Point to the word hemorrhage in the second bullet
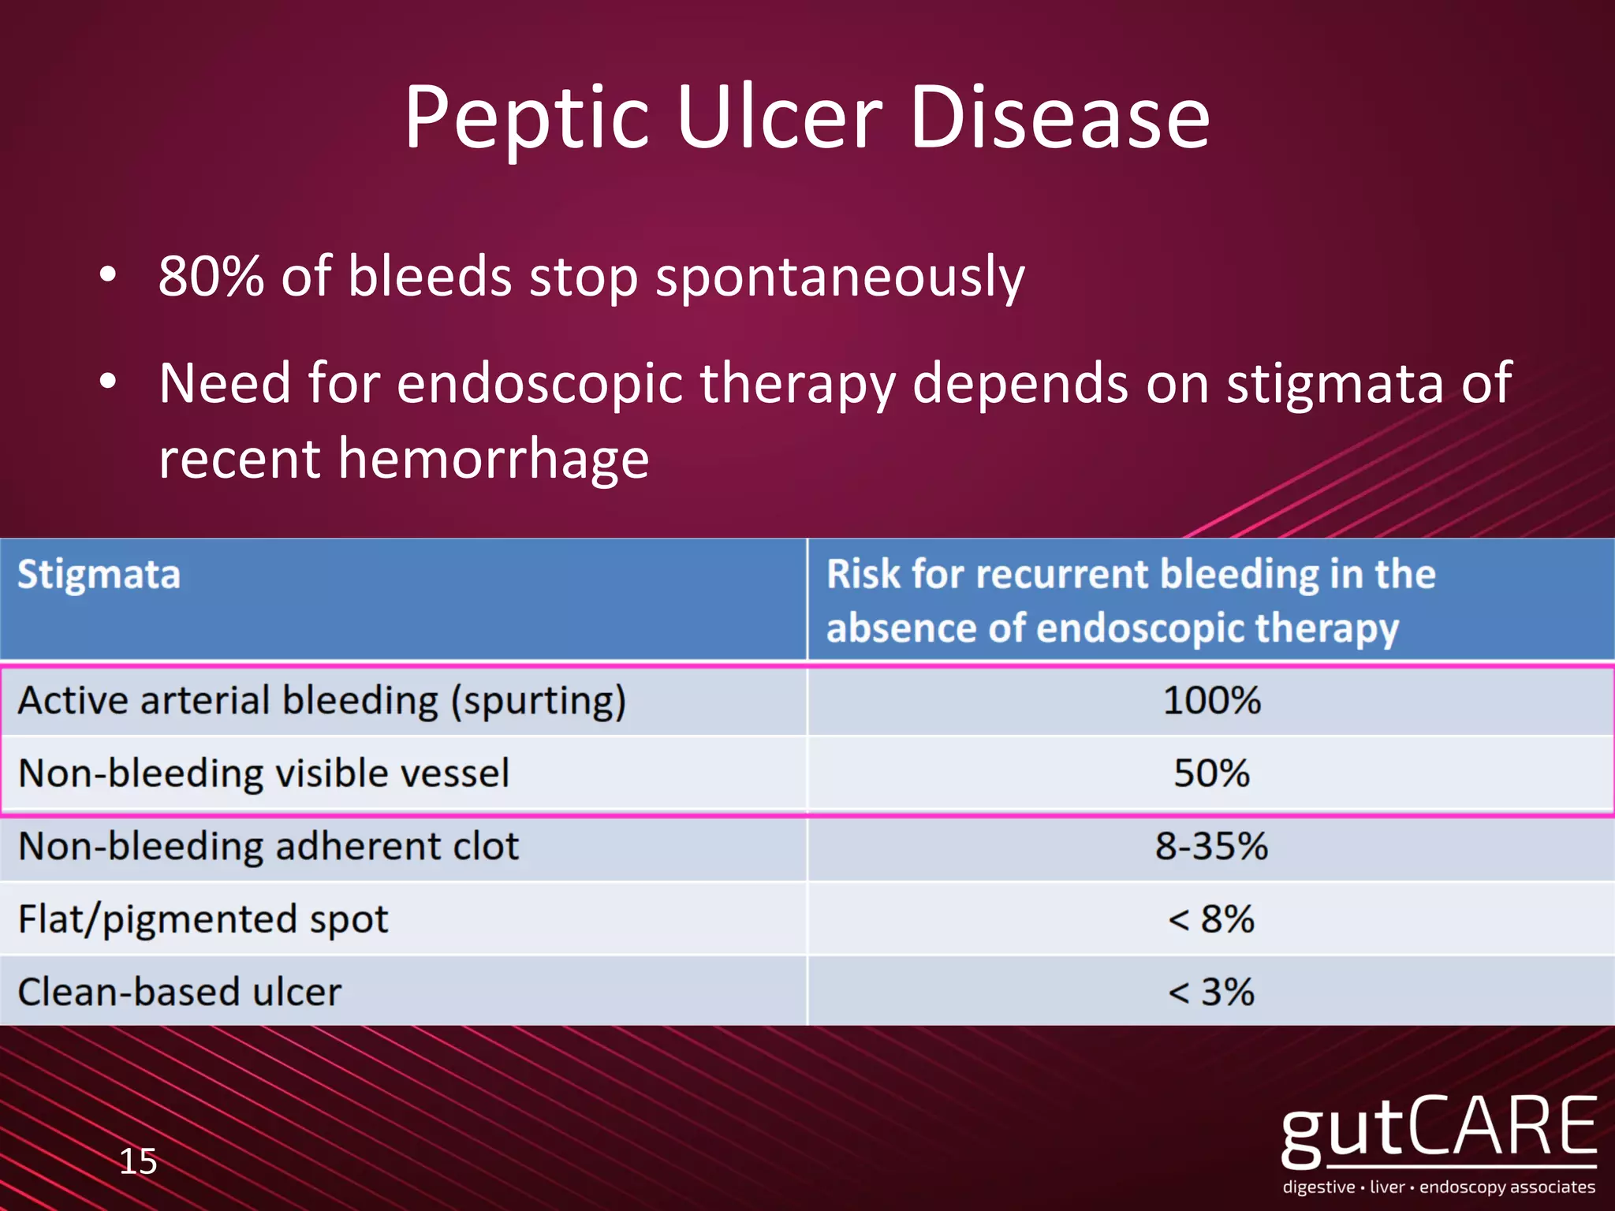tap(494, 460)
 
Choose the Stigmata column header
tap(99, 574)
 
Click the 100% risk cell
tap(1212, 700)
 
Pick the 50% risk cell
tap(1212, 773)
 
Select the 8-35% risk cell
tap(1212, 846)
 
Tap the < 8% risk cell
tap(1212, 919)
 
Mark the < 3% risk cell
tap(1212, 992)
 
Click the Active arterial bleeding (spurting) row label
tap(322, 701)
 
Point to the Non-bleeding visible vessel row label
tap(263, 773)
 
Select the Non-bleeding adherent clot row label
tap(268, 846)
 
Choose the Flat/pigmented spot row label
tap(203, 919)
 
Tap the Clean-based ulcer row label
tap(180, 992)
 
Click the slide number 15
tap(138, 1161)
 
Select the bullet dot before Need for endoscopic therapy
tap(108, 382)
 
